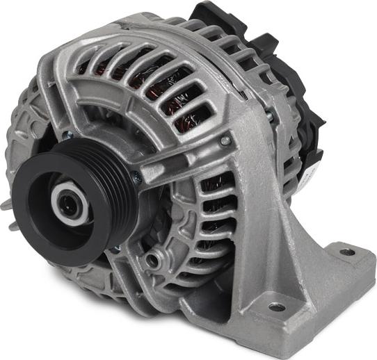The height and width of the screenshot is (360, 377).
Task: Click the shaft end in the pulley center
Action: click(x=68, y=204)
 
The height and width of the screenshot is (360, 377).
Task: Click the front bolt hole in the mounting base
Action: click(x=276, y=306)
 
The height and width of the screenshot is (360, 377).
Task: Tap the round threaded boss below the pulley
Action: click(x=151, y=261)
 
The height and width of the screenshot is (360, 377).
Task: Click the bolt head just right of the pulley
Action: click(x=137, y=178)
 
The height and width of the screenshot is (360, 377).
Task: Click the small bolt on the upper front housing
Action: click(x=225, y=140)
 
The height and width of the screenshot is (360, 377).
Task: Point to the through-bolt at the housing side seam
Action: click(x=269, y=117)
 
